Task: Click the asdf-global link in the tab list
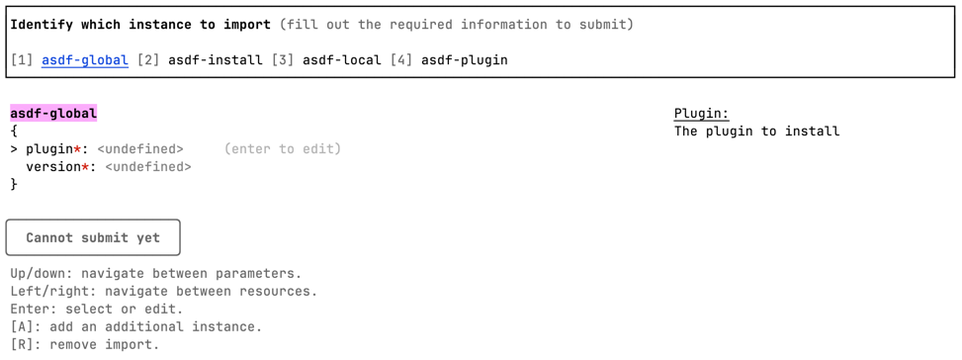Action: [x=84, y=60]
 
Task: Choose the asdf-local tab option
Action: [x=341, y=60]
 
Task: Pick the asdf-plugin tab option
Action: [x=464, y=60]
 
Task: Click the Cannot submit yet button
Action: [x=93, y=237]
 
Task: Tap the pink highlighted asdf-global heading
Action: [x=53, y=114]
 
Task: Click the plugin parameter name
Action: [x=49, y=149]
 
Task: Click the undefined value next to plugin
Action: [x=139, y=149]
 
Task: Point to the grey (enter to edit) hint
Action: [x=282, y=149]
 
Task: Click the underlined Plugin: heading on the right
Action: [x=701, y=114]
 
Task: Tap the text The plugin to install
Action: [x=756, y=132]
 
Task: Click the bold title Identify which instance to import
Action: [x=140, y=25]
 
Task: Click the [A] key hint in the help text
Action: [x=22, y=327]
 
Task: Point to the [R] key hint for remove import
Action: [x=22, y=345]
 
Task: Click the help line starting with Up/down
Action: [x=155, y=274]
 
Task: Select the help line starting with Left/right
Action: [x=163, y=292]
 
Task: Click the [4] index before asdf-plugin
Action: [x=400, y=60]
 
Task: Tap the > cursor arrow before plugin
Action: [x=14, y=149]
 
